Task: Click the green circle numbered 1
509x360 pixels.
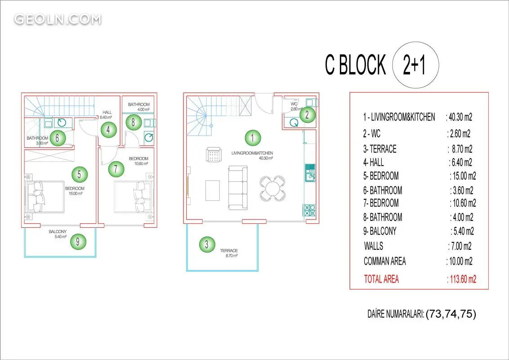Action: (x=253, y=138)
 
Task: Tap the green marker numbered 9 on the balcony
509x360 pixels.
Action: (x=78, y=241)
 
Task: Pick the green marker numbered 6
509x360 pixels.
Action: (x=58, y=138)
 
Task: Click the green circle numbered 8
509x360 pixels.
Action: (x=133, y=122)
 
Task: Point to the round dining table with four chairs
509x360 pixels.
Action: (x=272, y=188)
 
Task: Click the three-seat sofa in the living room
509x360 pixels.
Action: (x=238, y=188)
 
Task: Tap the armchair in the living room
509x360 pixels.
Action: (x=214, y=155)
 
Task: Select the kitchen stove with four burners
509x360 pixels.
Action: (x=309, y=210)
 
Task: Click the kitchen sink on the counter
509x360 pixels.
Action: (x=310, y=173)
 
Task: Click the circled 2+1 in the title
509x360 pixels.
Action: (x=415, y=65)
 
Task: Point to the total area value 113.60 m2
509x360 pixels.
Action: (x=462, y=279)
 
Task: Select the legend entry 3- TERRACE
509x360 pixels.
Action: (x=380, y=149)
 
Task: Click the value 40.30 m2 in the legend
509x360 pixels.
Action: (x=459, y=117)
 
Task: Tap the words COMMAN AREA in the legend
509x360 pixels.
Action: (x=384, y=261)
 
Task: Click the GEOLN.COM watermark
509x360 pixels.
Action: (x=58, y=19)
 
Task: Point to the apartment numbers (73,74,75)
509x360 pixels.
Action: (x=451, y=314)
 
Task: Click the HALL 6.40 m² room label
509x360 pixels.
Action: (x=106, y=115)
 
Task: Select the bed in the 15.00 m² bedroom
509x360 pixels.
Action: (x=45, y=197)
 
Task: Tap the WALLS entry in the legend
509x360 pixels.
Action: (x=374, y=246)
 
